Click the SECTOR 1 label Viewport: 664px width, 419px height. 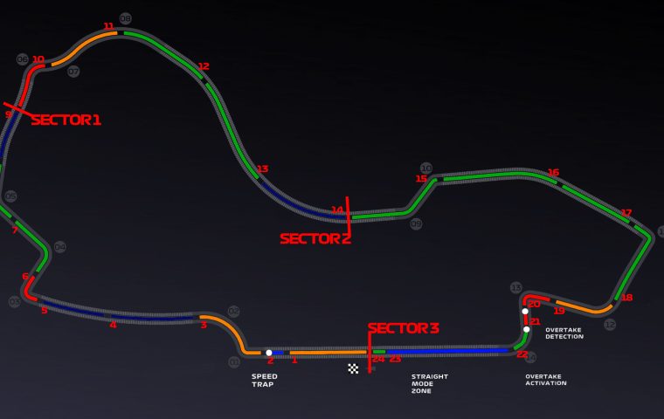pyautogui.click(x=66, y=120)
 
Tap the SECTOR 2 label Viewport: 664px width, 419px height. pyautogui.click(x=315, y=238)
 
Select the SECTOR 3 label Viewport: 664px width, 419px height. pyautogui.click(x=403, y=328)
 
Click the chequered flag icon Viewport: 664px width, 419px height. pyautogui.click(x=353, y=368)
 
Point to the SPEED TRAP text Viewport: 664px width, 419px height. pyautogui.click(x=264, y=381)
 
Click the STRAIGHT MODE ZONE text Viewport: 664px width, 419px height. pyautogui.click(x=429, y=384)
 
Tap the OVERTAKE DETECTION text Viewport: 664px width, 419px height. pyautogui.click(x=564, y=333)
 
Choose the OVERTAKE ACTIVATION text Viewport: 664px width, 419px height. pyautogui.click(x=545, y=380)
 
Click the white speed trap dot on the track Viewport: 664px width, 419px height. pyautogui.click(x=269, y=353)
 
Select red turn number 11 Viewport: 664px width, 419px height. pyautogui.click(x=108, y=26)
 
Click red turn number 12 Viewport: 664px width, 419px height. pyautogui.click(x=204, y=66)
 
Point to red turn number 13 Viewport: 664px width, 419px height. pyautogui.click(x=262, y=168)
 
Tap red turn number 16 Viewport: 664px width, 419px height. pyautogui.click(x=553, y=172)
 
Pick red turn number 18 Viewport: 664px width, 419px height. pyautogui.click(x=626, y=298)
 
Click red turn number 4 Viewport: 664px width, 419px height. pyautogui.click(x=113, y=325)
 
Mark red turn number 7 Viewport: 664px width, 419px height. pyautogui.click(x=14, y=230)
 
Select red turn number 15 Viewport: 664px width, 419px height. pyautogui.click(x=421, y=179)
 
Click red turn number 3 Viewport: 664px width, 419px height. pyautogui.click(x=204, y=326)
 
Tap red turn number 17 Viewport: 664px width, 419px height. pyautogui.click(x=626, y=212)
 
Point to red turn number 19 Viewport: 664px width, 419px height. pyautogui.click(x=559, y=311)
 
